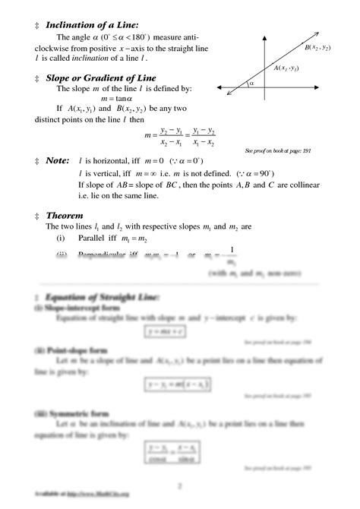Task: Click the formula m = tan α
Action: (x=115, y=99)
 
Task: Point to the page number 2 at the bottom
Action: (x=180, y=485)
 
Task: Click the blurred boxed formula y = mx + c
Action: (x=167, y=330)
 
